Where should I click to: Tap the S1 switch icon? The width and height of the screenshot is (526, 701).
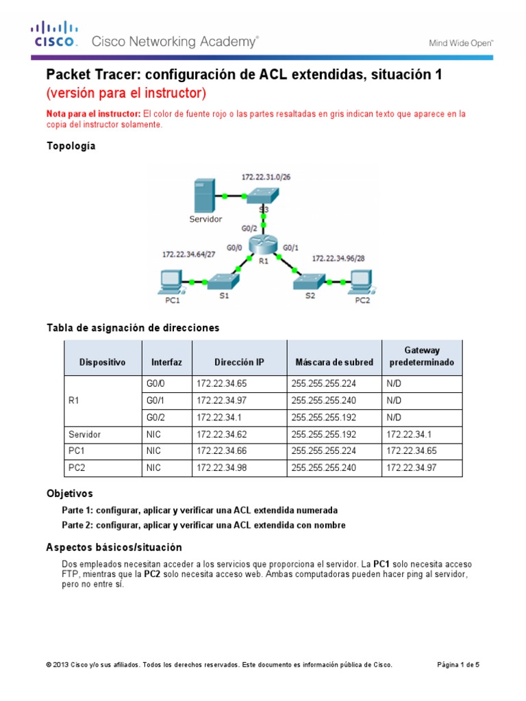223,281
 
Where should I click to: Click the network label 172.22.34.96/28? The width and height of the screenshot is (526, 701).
340,259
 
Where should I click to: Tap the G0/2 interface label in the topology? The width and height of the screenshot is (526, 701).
250,229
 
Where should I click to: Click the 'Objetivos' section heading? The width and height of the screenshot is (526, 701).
69,494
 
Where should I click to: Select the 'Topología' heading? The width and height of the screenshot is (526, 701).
71,146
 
